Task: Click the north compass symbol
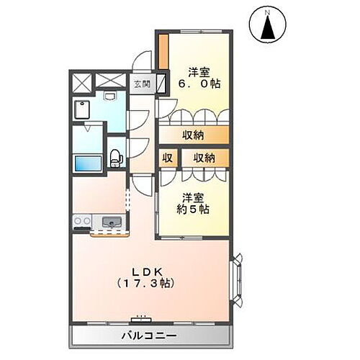coord(267,27)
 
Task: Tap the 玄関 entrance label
coord(140,83)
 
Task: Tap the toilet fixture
coord(115,157)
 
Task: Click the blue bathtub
coord(89,163)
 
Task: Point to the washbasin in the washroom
coord(109,95)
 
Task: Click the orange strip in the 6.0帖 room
coord(163,51)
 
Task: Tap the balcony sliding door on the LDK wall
coord(140,317)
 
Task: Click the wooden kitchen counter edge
coord(109,233)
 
